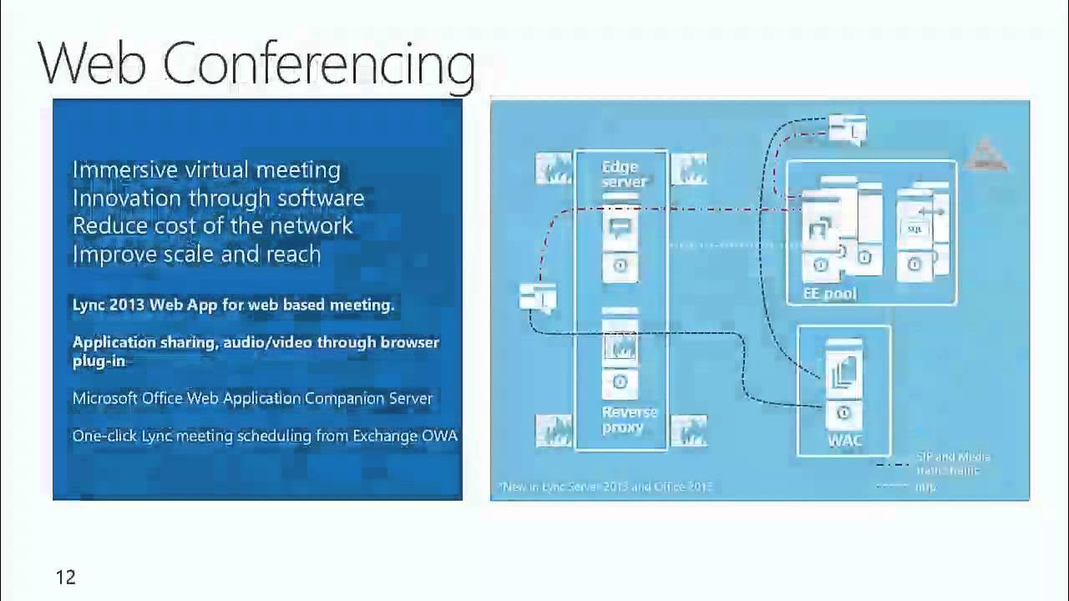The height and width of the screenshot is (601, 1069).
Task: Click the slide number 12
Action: click(x=65, y=578)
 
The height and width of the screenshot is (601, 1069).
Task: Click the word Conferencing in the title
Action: click(x=318, y=64)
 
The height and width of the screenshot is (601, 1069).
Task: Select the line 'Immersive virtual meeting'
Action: click(x=206, y=169)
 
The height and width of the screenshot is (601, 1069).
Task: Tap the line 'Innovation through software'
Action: click(x=218, y=198)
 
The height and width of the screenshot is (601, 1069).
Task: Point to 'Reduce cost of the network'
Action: click(x=212, y=225)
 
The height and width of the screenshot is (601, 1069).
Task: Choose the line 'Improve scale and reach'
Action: click(x=196, y=254)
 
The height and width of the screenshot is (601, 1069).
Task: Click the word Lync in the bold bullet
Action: click(x=89, y=305)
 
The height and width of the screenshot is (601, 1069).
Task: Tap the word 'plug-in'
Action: click(x=99, y=361)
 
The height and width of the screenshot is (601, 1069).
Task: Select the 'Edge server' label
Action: click(x=621, y=174)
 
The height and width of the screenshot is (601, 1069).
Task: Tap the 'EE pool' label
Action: click(x=829, y=294)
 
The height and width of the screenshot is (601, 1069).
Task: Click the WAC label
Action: click(x=844, y=439)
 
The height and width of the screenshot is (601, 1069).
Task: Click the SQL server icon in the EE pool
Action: click(x=916, y=230)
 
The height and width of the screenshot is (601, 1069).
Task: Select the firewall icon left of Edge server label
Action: click(x=553, y=169)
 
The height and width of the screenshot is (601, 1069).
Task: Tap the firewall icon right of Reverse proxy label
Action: click(x=688, y=430)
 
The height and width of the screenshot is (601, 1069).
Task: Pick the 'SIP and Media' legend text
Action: click(x=952, y=457)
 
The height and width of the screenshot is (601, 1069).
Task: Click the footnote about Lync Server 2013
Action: click(x=605, y=487)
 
